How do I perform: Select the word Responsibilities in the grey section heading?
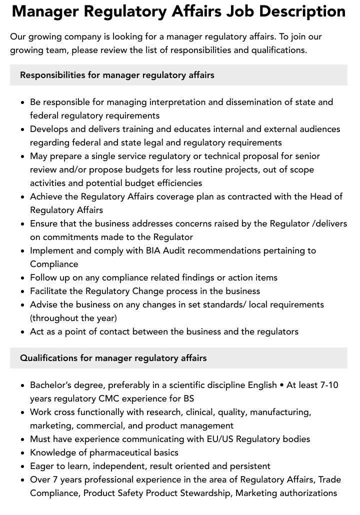coord(52,75)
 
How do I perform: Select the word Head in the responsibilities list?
coord(320,196)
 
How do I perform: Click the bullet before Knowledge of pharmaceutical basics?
coord(23,453)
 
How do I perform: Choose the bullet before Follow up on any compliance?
coord(23,278)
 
